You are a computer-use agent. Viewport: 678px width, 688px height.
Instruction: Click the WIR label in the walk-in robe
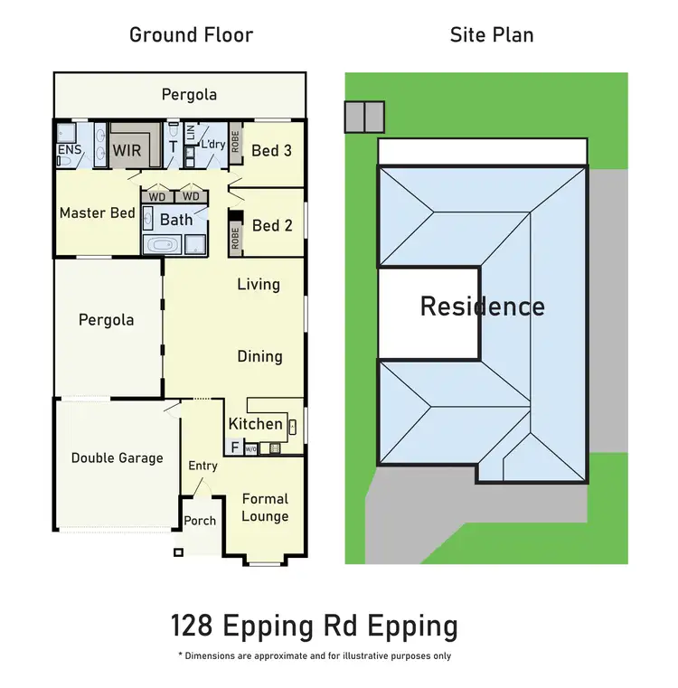coord(127,150)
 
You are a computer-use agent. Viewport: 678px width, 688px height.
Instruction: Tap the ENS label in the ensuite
coord(69,149)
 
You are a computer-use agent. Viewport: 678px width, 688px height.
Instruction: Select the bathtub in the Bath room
coord(164,244)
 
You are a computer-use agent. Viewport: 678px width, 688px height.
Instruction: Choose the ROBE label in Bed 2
coord(235,238)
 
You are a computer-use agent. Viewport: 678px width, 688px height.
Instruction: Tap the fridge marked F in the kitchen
coord(234,447)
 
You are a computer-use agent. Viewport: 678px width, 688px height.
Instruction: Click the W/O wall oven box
coord(251,447)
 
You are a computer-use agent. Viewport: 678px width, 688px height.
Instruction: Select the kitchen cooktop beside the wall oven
coord(275,447)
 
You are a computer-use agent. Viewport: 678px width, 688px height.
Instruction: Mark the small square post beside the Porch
coord(179,551)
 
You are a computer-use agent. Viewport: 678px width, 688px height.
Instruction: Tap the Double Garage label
coord(118,457)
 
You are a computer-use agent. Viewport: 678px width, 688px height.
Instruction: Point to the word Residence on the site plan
coord(482,306)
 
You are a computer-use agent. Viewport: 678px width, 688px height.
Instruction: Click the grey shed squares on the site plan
coord(364,116)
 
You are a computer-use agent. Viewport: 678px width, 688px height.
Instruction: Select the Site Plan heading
coord(492,35)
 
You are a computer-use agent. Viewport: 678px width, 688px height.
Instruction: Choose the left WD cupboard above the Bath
coord(157,196)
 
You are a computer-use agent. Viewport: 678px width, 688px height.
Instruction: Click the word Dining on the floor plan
coord(259,356)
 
